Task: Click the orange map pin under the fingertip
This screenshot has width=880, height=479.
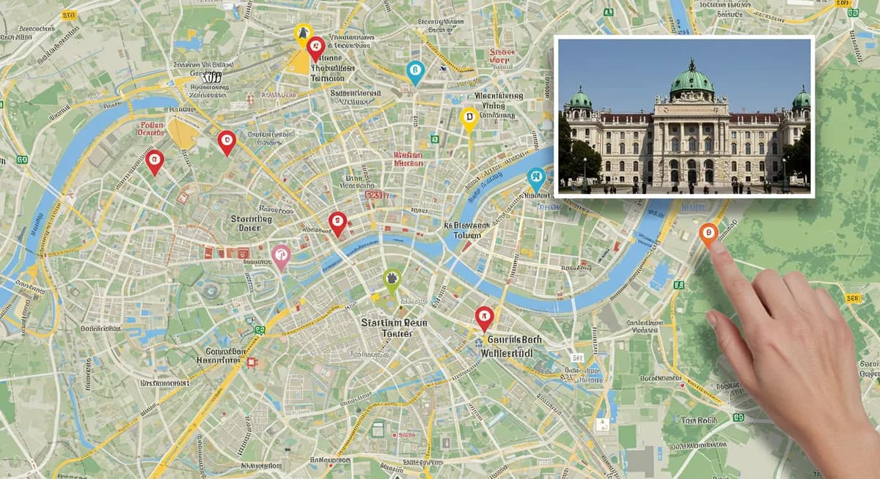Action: pos(708,234)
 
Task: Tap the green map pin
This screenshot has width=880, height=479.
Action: pos(392,279)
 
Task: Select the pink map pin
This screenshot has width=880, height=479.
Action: pos(281,255)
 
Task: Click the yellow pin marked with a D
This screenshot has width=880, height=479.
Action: pos(469,117)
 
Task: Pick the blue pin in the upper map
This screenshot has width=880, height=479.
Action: pos(415,71)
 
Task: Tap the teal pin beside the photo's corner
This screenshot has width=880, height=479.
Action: pos(537,177)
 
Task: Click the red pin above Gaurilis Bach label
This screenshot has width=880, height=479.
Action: pos(484,316)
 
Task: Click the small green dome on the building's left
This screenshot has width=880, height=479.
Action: pos(580,99)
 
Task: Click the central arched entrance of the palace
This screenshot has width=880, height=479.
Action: pos(691,172)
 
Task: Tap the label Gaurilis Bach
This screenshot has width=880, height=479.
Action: pos(506,340)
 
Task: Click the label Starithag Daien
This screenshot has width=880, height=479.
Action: pos(251,223)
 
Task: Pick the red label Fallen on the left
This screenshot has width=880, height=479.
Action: pos(150,129)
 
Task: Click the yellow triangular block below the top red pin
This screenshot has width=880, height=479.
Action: pos(298,63)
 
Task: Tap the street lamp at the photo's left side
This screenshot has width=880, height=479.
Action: pos(584,173)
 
